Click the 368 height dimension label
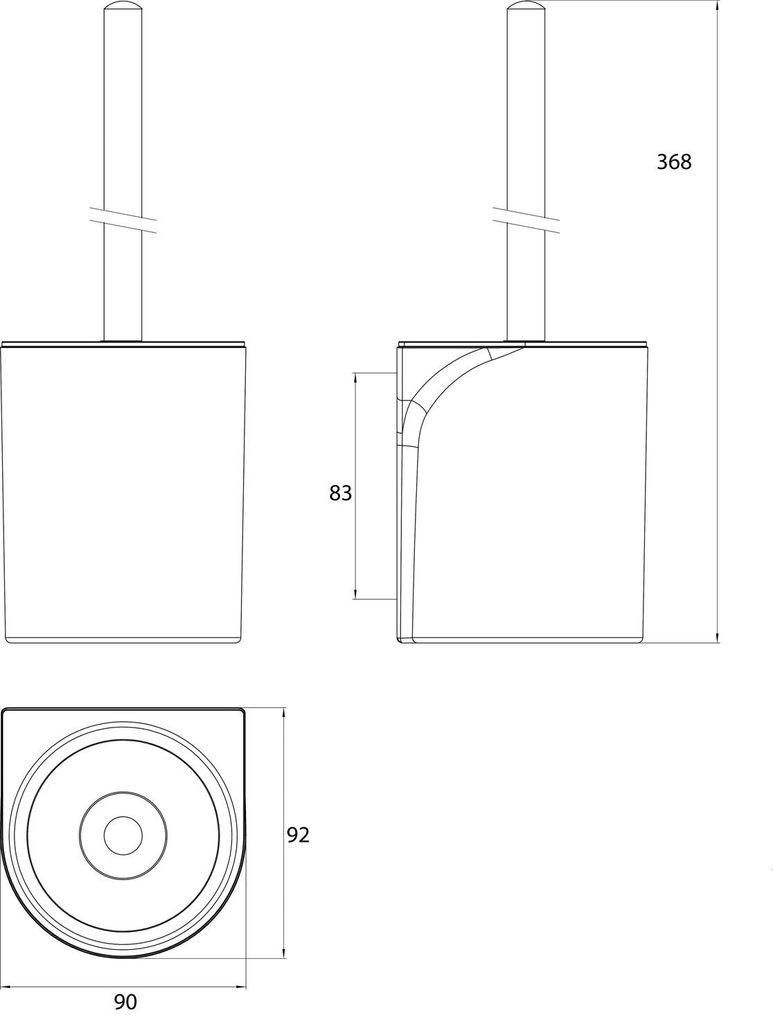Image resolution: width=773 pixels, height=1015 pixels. pyautogui.click(x=673, y=161)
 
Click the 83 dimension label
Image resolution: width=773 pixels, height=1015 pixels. pyautogui.click(x=340, y=493)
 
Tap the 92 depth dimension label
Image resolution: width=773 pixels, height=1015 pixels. pyautogui.click(x=298, y=835)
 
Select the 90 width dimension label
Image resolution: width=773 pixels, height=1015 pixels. pyautogui.click(x=125, y=1001)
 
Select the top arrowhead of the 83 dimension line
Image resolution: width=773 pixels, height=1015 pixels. pyautogui.click(x=355, y=378)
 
